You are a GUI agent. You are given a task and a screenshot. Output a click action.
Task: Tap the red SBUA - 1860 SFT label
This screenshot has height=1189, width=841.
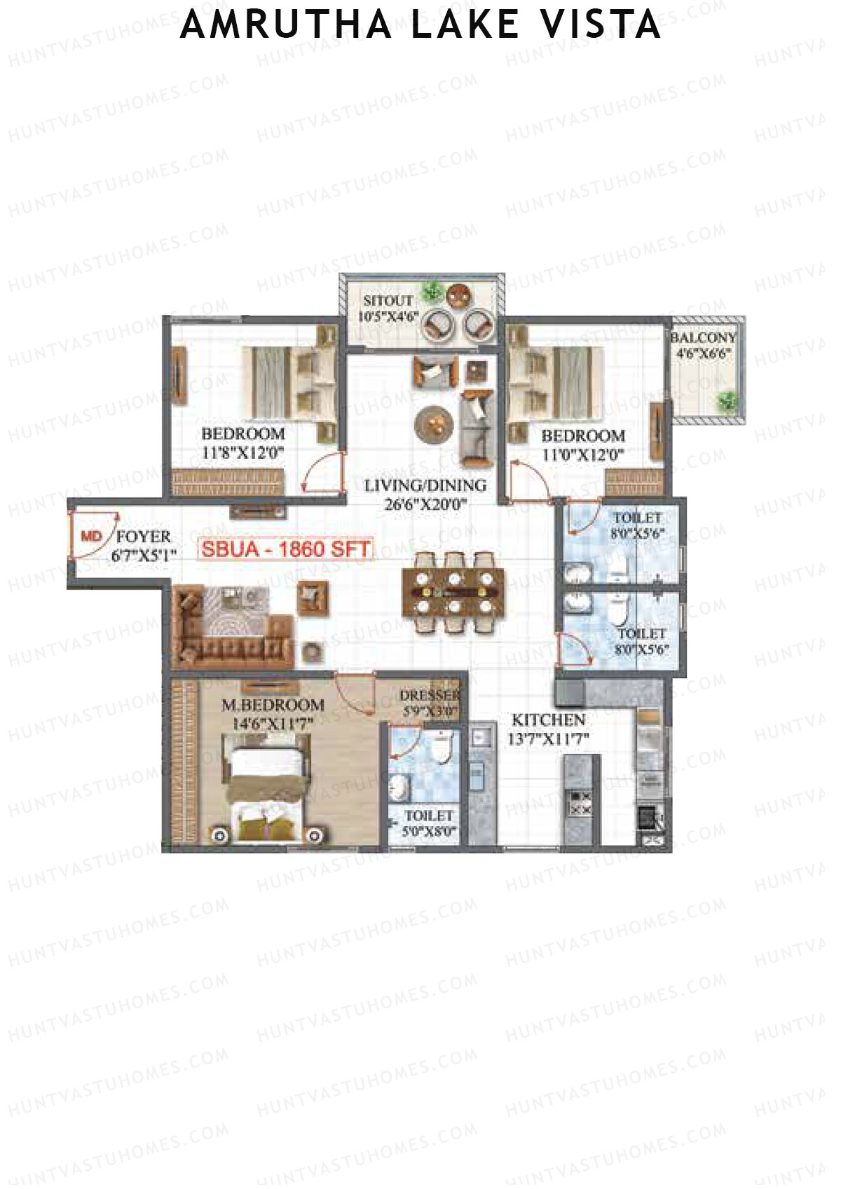coord(285,549)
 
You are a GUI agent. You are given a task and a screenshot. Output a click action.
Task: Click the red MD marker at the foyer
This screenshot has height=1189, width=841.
coord(91,537)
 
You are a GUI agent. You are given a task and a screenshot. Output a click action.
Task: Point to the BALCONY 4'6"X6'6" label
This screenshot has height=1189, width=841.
coord(703,345)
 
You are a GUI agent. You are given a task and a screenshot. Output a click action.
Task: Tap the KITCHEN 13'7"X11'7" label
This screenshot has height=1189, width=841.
coord(548,729)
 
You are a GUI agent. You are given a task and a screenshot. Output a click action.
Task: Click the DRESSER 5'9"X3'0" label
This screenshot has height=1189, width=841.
coord(429,703)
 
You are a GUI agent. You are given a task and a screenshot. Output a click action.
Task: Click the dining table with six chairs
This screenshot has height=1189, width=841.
coord(453,593)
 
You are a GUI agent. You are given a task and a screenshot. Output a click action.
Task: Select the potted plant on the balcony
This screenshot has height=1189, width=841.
coord(727,401)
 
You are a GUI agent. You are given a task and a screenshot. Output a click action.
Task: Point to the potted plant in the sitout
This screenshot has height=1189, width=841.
coord(432,291)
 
